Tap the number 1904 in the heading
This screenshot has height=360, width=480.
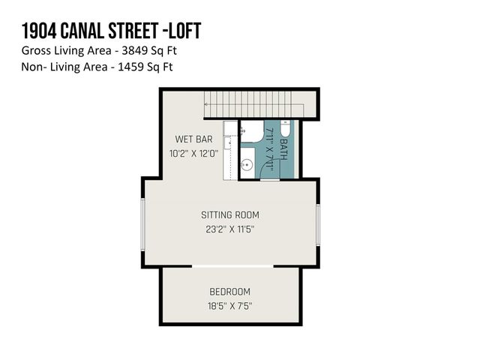coord(38,31)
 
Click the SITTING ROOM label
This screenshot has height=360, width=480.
coord(229,215)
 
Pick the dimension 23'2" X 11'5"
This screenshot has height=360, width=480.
coord(229,229)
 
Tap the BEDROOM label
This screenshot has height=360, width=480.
coord(229,292)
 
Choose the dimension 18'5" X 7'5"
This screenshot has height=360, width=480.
coord(229,306)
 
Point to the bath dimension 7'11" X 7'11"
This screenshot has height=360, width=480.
coord(268,149)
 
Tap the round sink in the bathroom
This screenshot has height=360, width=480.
coord(246,163)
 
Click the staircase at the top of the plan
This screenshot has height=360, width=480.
coord(255,106)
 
